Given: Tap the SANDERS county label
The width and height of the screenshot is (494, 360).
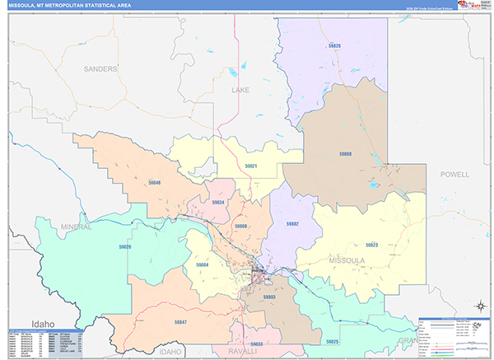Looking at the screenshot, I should tap(100, 69).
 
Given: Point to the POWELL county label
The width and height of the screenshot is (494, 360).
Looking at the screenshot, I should tap(454, 175).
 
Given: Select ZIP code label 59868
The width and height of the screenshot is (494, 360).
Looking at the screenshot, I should tap(345, 154).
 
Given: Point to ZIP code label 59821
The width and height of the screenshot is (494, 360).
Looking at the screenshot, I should tap(250, 166).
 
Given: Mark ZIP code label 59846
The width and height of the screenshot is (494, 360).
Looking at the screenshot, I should tap(154, 182).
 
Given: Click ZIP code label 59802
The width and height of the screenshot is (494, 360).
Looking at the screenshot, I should tap(291, 224).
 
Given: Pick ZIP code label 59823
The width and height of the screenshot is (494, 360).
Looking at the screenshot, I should tap(371, 245).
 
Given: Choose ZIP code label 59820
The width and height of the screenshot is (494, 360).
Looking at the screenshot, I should tap(124, 246).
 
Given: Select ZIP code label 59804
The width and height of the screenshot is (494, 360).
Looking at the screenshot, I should tap(203, 264).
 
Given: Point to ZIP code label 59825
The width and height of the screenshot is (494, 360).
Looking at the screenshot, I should tap(332, 340).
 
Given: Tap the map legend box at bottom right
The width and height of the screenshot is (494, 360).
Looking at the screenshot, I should tap(454, 336).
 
